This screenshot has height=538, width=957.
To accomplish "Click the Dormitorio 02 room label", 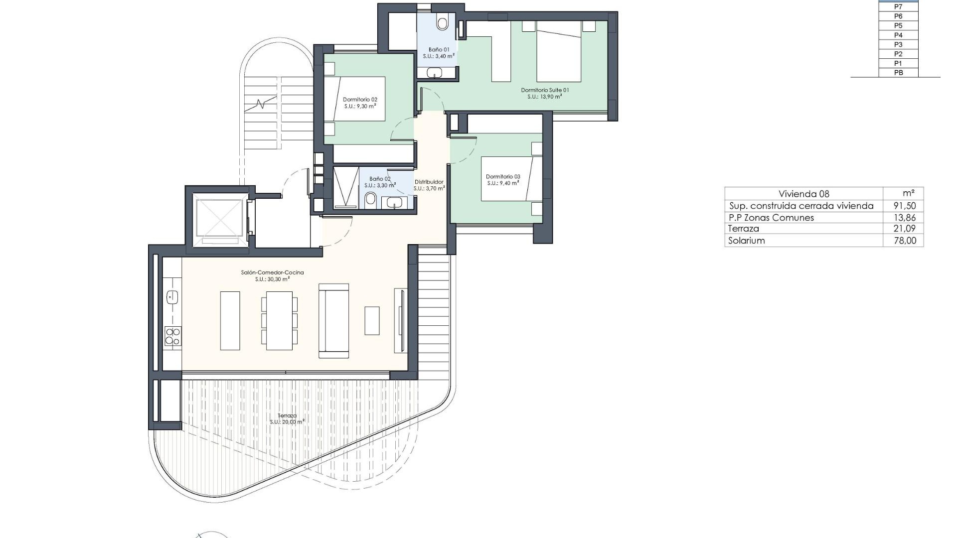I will coord(360,103).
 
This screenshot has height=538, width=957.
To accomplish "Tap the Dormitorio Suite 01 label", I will coord(545,93).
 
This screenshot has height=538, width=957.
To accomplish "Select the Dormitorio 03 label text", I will coord(503,180).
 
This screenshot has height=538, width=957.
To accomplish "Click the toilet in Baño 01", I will coord(442,22).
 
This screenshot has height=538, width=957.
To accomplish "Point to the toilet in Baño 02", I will coord(370,200).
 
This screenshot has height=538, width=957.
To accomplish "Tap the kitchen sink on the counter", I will coord(172,297).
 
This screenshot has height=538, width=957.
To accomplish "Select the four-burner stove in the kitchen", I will coord(172,336).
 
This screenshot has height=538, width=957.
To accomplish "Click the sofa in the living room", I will coord(333,321).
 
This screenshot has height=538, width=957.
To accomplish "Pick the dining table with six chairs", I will coord(279,321).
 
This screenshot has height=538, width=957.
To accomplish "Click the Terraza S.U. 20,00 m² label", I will coord(287,418).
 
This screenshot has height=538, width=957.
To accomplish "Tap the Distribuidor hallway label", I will coord(429,185).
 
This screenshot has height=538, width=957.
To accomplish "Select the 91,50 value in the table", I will coord(905,206).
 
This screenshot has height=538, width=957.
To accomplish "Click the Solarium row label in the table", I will coord(746,241).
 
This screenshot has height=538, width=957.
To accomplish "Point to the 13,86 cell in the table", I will coord(905,218).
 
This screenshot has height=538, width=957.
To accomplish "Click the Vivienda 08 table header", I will coord(803,194).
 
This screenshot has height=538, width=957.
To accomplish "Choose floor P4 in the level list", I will coord(898,35).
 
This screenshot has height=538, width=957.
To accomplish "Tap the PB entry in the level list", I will coord(898,73).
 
